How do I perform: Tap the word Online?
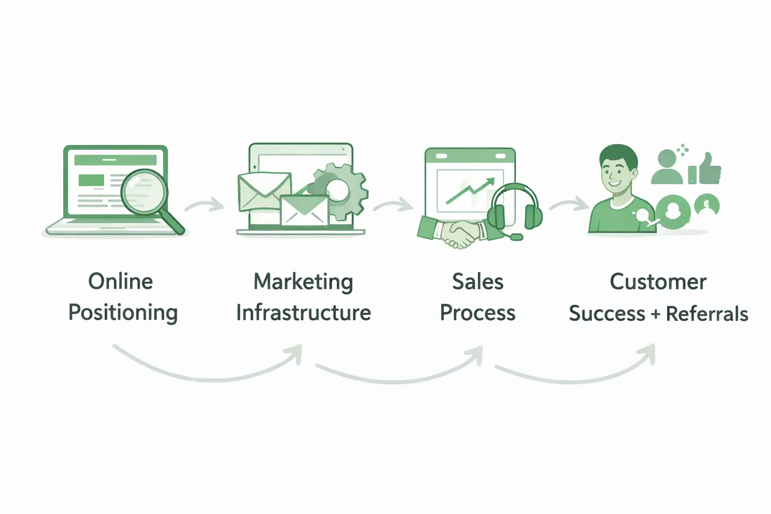120,282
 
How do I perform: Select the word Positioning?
123,313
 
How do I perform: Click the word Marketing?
303,282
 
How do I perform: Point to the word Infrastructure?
303,313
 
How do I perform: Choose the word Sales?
477,282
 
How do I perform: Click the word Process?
477,313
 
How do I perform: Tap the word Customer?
658,282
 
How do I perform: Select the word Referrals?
707,314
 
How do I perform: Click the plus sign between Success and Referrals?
655,314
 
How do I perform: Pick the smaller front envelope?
304,210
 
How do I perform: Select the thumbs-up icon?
707,169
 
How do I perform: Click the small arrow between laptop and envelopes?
205,205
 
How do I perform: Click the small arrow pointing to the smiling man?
569,205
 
